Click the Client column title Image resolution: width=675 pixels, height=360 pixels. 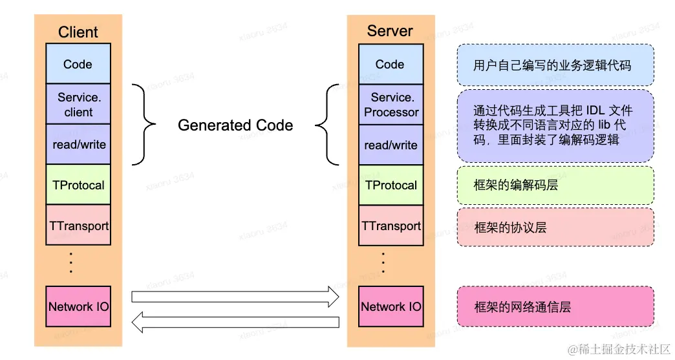coord(78,32)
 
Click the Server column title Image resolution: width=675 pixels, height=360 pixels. coord(390,30)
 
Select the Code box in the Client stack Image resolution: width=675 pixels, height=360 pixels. coord(78,64)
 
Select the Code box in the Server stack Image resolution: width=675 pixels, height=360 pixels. coord(391,64)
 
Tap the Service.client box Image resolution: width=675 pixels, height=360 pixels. coord(78,105)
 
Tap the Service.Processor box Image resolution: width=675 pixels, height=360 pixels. coord(391,105)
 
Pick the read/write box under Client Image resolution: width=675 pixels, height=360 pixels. coord(78,145)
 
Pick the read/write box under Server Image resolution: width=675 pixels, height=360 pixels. coord(391,145)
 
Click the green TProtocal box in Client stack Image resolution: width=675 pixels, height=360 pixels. coord(78,185)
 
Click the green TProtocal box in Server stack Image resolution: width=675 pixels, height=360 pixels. coord(391,185)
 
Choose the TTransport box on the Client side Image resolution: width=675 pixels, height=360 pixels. coord(78,225)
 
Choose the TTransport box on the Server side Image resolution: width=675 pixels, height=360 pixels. coord(391,226)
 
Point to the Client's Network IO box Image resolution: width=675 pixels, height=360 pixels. coord(78,306)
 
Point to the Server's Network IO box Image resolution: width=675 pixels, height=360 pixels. coord(391,306)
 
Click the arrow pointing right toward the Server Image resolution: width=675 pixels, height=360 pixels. coord(235,296)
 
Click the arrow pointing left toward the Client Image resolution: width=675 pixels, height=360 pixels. coord(235,321)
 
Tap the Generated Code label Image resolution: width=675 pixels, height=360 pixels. coord(235,125)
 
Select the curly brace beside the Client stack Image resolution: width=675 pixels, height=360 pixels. coord(144,124)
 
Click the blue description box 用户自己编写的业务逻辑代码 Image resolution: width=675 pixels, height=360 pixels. coord(555,65)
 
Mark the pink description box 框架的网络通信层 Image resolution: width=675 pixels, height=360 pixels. coord(555,306)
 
